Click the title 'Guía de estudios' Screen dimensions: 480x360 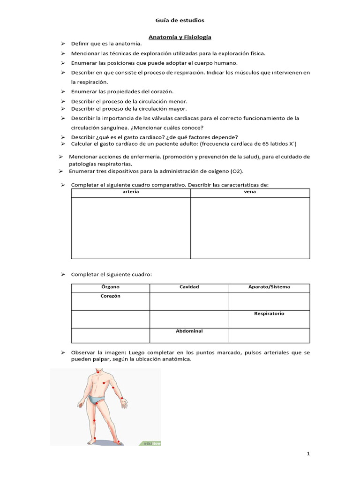pyautogui.click(x=180, y=20)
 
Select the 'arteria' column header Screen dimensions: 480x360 pyautogui.click(x=130, y=192)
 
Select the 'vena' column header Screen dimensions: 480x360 pyautogui.click(x=250, y=192)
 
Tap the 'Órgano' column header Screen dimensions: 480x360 pyautogui.click(x=110, y=287)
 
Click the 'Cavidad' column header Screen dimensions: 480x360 pyautogui.click(x=189, y=287)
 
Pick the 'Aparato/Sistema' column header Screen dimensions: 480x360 pyautogui.click(x=269, y=287)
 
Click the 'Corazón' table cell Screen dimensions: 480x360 pyautogui.click(x=110, y=296)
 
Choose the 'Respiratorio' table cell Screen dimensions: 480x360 pyautogui.click(x=269, y=313)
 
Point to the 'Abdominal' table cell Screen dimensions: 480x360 pyautogui.click(x=189, y=331)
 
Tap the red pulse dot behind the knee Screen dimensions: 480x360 pyautogui.click(x=94, y=420)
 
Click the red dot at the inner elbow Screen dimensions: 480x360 pyautogui.click(x=113, y=388)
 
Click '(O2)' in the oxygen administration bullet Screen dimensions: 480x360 pyautogui.click(x=237, y=171)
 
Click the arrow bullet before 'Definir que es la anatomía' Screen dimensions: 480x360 pyautogui.click(x=62, y=43)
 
